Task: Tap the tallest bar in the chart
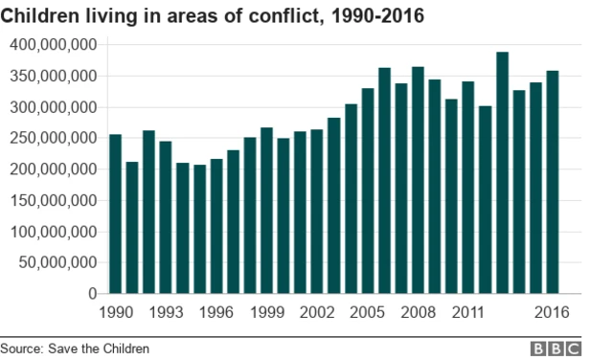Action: tap(502, 172)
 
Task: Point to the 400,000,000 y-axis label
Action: tap(54, 45)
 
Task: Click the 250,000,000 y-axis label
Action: tap(54, 138)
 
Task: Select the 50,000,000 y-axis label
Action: tap(57, 262)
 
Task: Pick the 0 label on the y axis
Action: tap(93, 293)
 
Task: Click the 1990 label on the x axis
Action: tap(116, 312)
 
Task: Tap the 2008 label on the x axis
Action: tap(419, 312)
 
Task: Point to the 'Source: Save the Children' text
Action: tap(75, 349)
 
